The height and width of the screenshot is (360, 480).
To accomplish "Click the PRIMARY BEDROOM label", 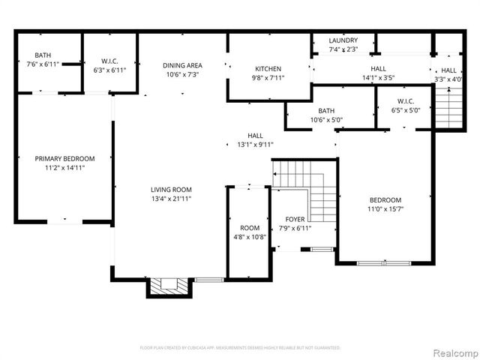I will pyautogui.click(x=64, y=158).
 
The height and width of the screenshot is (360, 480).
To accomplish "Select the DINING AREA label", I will pyautogui.click(x=183, y=65).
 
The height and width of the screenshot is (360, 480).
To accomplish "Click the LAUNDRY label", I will pyautogui.click(x=343, y=40).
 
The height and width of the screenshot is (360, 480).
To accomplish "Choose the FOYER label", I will pyautogui.click(x=294, y=219).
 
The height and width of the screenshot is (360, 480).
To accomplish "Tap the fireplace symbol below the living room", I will pyautogui.click(x=165, y=287).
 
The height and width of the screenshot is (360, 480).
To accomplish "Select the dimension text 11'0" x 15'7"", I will pyautogui.click(x=385, y=209).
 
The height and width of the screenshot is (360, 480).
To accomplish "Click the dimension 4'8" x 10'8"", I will pyautogui.click(x=249, y=237).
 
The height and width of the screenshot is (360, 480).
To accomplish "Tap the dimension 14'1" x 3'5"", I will pyautogui.click(x=378, y=76).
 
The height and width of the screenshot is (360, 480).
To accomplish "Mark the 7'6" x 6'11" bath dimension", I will pyautogui.click(x=43, y=64).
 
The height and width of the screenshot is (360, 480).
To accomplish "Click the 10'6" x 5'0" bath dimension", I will pyautogui.click(x=326, y=119).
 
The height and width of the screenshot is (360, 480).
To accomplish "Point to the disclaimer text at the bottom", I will pyautogui.click(x=240, y=348).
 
